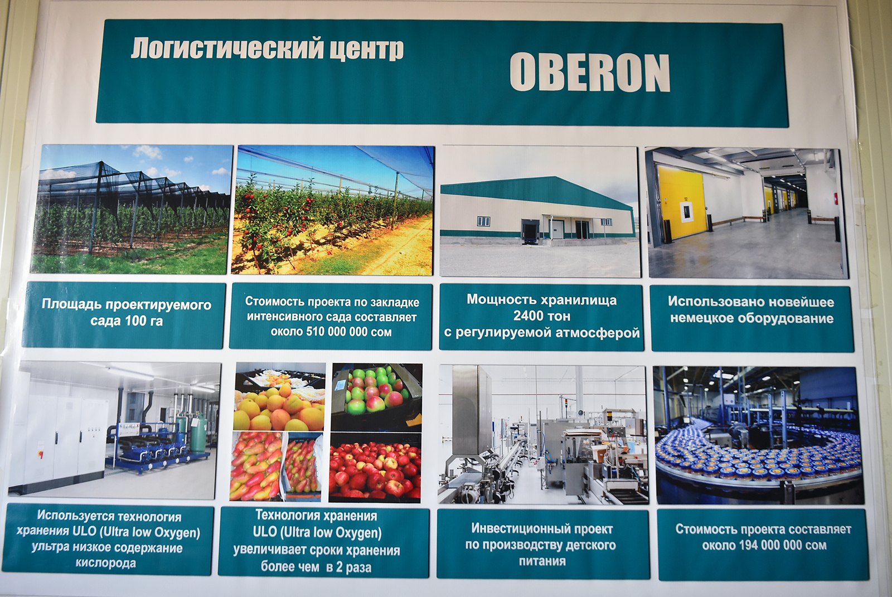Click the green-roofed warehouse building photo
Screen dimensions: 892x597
coord(540,211)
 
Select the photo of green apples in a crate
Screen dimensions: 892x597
coord(377,397)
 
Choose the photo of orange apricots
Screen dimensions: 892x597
coord(279,397)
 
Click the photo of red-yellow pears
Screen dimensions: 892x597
coord(276,467)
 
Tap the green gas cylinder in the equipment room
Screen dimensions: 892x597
coord(198,433)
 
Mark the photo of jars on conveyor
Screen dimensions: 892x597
coord(759,435)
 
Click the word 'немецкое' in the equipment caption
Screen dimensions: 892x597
coord(702,319)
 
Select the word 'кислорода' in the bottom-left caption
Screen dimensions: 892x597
coord(106,563)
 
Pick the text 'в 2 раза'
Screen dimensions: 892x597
coord(349,567)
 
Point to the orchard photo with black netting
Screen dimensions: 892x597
coord(131,209)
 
